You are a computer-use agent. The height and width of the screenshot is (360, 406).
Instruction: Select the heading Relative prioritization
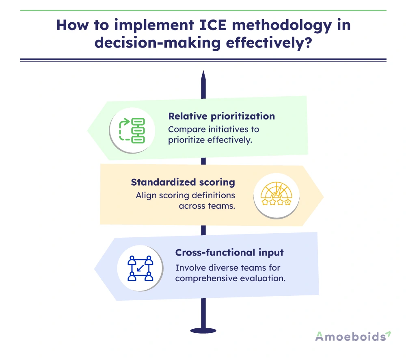click(221, 116)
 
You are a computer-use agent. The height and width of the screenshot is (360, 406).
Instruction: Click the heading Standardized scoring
click(183, 182)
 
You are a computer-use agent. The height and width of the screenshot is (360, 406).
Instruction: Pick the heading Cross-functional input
click(229, 252)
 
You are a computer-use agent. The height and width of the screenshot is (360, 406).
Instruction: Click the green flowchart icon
click(132, 130)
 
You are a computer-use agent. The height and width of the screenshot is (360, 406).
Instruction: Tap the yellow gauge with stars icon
click(276, 196)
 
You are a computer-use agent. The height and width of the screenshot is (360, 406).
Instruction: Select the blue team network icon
click(140, 268)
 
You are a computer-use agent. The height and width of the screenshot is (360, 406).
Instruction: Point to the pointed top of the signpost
click(203, 75)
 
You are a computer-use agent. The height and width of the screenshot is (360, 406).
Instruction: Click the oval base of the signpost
click(203, 330)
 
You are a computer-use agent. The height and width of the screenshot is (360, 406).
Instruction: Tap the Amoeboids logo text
click(350, 336)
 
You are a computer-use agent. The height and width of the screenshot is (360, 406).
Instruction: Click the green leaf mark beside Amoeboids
click(389, 334)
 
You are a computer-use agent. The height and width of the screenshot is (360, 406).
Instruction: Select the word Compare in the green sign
click(185, 130)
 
